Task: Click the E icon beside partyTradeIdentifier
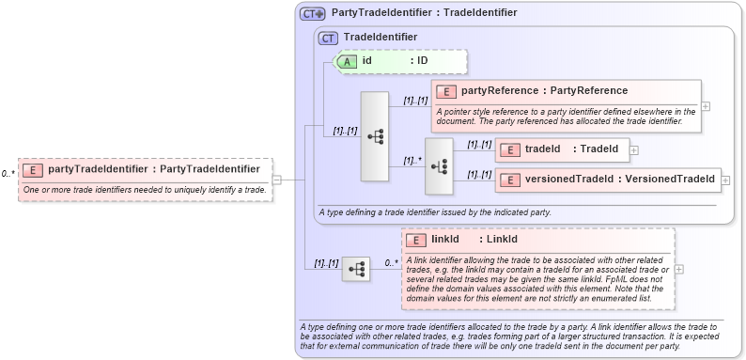(x=33, y=169)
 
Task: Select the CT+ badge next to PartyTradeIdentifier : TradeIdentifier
(x=313, y=13)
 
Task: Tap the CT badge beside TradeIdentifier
(x=328, y=38)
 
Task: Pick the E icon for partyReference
(x=447, y=91)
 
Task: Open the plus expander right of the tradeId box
(x=634, y=149)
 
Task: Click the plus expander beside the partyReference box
(x=706, y=105)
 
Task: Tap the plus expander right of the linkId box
(x=679, y=269)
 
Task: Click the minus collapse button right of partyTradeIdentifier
(x=277, y=180)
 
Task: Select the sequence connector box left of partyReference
(x=375, y=136)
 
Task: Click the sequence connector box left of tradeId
(x=439, y=164)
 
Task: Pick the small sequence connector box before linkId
(x=355, y=269)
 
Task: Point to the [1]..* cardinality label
(x=412, y=160)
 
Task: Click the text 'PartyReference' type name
(x=589, y=91)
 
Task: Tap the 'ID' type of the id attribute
(x=423, y=61)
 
